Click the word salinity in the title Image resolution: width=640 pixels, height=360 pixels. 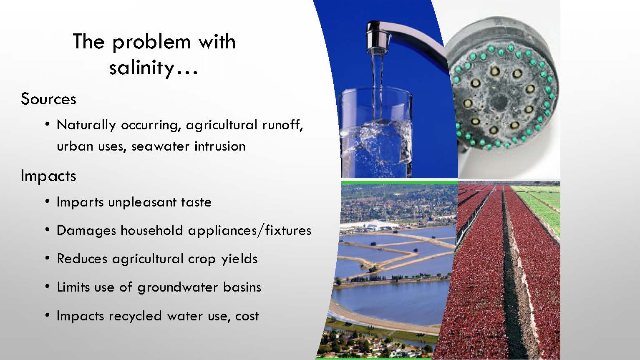tap(142, 68)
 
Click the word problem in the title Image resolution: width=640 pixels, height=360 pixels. tap(151, 42)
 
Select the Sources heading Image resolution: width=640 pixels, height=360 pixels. tap(48, 99)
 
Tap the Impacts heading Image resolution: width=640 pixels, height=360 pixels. tap(48, 176)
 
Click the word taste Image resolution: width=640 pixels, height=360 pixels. tap(196, 202)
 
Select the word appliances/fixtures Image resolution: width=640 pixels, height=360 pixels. tap(250, 231)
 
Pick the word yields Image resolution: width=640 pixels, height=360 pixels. tap(239, 259)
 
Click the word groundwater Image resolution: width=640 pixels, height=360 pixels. tap(177, 287)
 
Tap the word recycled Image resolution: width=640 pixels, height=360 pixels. tap(135, 316)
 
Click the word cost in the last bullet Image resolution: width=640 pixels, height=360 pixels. tap(247, 316)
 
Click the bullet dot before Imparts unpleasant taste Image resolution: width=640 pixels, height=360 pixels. tap(48, 201)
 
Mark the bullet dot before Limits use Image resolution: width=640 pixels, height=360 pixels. tap(48, 286)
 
